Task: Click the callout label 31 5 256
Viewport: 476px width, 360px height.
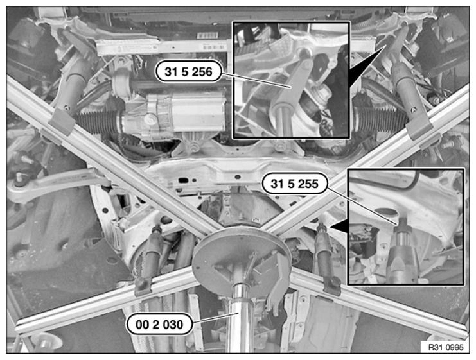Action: point(188,72)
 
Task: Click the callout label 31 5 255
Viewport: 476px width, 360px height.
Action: point(294,184)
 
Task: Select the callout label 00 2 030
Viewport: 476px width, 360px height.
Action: point(159,325)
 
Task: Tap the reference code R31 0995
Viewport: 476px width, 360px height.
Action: point(446,347)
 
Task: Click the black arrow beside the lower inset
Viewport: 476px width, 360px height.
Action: point(339,227)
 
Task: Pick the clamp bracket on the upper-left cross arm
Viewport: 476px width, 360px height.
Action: point(61,121)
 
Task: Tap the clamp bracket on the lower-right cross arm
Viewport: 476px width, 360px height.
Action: point(331,285)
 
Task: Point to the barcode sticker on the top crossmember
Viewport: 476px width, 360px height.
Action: point(207,36)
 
